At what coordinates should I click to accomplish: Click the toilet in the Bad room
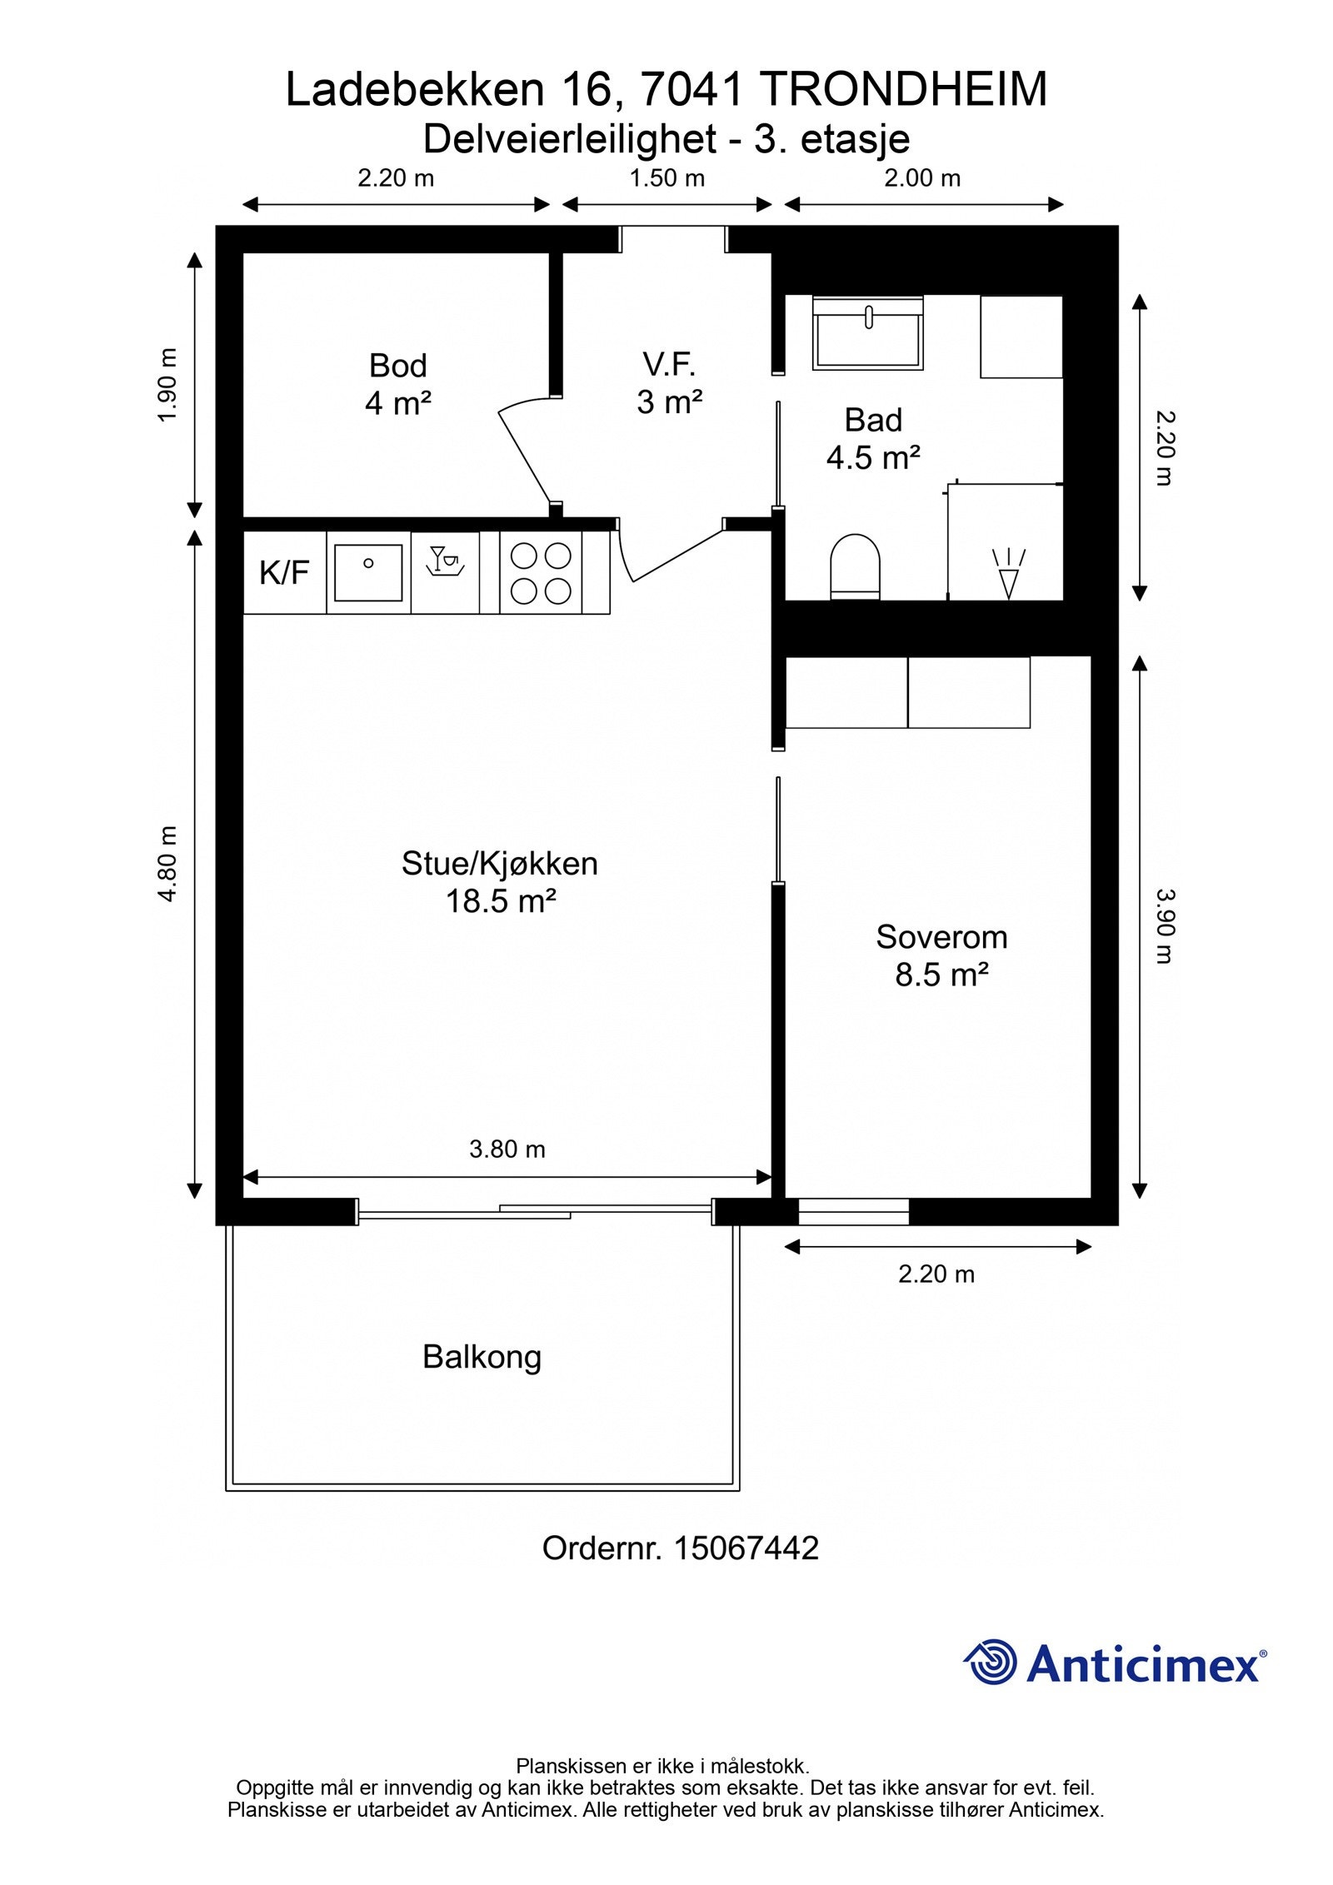tap(856, 566)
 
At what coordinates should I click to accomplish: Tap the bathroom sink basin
tap(868, 333)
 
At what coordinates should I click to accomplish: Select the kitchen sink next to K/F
tap(368, 572)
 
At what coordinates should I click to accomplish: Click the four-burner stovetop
tap(541, 573)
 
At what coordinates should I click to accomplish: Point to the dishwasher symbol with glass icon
tap(445, 560)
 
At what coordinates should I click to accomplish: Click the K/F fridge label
tap(284, 572)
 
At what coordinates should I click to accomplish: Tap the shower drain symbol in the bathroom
tap(1009, 574)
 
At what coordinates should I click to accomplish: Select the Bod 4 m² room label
tap(398, 384)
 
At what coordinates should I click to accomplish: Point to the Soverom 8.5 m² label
tap(941, 955)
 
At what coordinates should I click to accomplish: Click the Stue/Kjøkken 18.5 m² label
tap(500, 882)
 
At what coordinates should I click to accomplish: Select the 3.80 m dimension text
tap(507, 1149)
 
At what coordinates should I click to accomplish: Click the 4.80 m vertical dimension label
tap(168, 864)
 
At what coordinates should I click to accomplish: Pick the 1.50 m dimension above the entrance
tap(667, 178)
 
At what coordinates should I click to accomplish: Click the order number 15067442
tap(746, 1548)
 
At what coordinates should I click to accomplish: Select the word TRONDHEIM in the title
tap(904, 89)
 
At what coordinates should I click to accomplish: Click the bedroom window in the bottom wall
tap(854, 1211)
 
